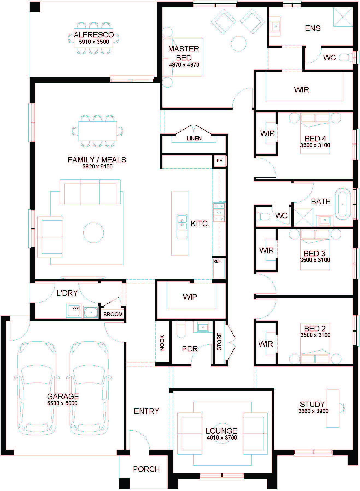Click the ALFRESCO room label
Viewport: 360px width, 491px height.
tap(94, 35)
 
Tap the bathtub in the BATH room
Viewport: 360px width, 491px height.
tap(343, 204)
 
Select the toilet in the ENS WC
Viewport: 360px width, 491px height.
tap(346, 57)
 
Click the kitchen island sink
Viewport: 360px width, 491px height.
tap(182, 222)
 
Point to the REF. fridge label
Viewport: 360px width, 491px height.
tap(217, 261)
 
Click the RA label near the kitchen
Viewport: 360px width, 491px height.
tap(219, 161)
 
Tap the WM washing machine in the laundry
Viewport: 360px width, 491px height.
tap(76, 308)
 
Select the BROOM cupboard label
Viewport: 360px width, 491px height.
tap(113, 314)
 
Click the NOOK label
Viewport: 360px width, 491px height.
tap(162, 343)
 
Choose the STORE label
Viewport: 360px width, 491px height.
tap(219, 341)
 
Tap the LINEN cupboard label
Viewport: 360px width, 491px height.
tap(194, 138)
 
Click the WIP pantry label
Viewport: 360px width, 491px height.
tap(190, 297)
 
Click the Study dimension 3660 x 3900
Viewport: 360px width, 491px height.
tap(314, 411)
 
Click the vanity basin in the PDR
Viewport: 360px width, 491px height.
tap(203, 327)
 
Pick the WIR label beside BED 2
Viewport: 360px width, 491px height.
tap(265, 344)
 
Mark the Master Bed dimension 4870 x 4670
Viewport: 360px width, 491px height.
tap(184, 65)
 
